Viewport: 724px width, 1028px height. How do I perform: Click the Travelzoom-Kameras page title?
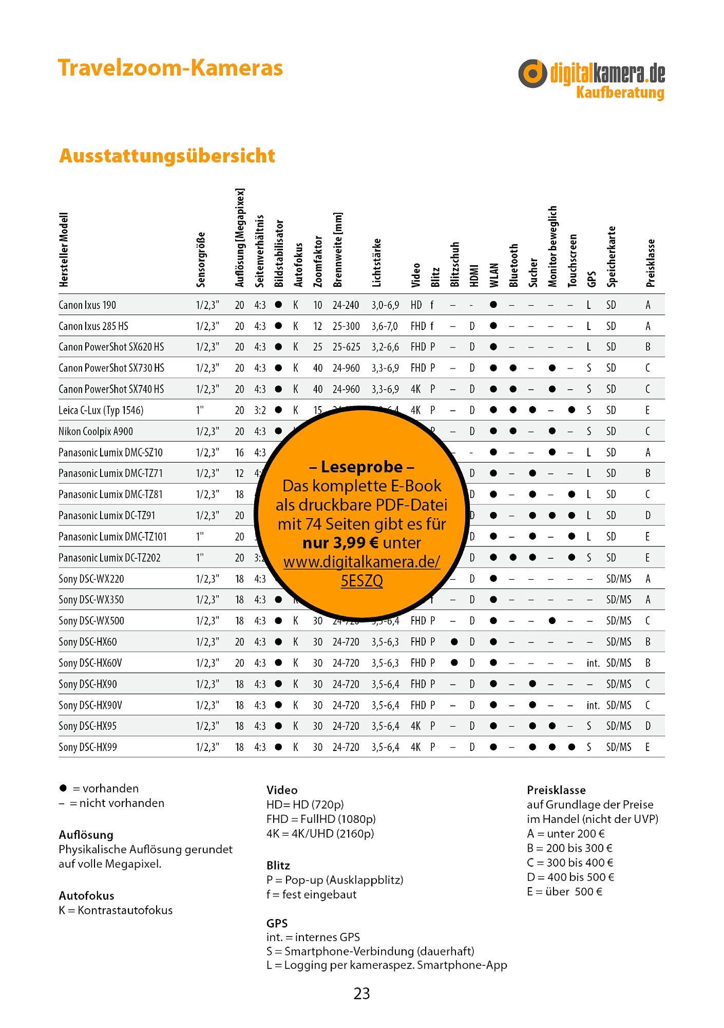pos(170,68)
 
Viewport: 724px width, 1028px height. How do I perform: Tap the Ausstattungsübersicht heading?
pos(167,156)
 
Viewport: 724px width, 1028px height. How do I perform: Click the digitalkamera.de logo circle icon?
pos(532,74)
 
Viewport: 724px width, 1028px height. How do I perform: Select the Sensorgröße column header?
pos(201,260)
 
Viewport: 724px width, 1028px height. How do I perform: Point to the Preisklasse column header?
pos(651,263)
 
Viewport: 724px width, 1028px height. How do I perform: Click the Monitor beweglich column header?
pos(552,246)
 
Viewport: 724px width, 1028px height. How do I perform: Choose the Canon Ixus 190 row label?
pos(87,305)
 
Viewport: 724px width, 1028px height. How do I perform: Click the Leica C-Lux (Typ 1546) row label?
pos(101,410)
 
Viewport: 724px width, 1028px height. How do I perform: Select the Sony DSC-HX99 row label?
pos(88,747)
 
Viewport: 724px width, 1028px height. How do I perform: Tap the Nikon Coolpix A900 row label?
pos(96,431)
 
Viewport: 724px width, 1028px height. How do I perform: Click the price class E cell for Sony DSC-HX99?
pos(647,747)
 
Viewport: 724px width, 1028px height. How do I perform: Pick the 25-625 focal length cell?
pos(347,347)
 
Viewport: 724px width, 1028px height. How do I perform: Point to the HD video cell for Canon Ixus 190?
pos(416,305)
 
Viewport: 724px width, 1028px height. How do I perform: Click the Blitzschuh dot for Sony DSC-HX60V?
pos(454,663)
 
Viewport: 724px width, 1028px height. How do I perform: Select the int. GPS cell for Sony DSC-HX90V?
pos(593,705)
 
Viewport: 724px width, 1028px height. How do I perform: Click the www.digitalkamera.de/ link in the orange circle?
pos(361,562)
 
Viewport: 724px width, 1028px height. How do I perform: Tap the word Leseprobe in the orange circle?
pos(361,467)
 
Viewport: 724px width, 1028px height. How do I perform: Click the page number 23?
pos(361,994)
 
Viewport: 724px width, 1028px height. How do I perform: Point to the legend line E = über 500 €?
pos(564,892)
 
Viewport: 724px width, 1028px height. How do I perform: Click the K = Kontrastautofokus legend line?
pos(116,910)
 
